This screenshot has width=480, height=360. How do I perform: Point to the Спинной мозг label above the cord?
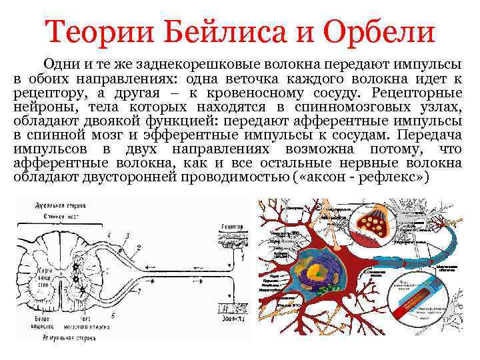pyautogui.click(x=56, y=215)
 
